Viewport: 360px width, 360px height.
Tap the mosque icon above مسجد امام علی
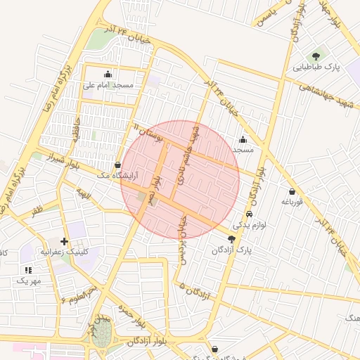(108, 74)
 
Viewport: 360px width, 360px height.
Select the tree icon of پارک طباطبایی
(316, 56)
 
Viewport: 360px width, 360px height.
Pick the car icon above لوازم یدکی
(250, 213)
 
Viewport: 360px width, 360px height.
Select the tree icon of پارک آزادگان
(232, 239)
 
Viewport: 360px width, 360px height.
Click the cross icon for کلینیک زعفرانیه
(65, 240)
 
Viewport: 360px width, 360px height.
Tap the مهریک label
(29, 281)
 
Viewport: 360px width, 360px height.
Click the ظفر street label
(37, 209)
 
